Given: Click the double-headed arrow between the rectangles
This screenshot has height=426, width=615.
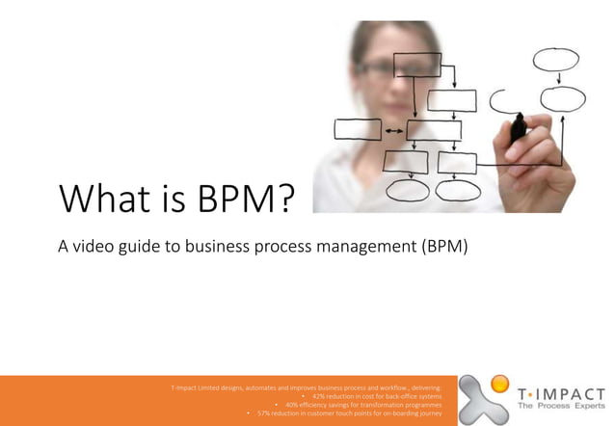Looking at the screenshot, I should pyautogui.click(x=393, y=129).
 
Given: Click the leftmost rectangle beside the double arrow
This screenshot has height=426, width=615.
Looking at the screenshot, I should pyautogui.click(x=357, y=129).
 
